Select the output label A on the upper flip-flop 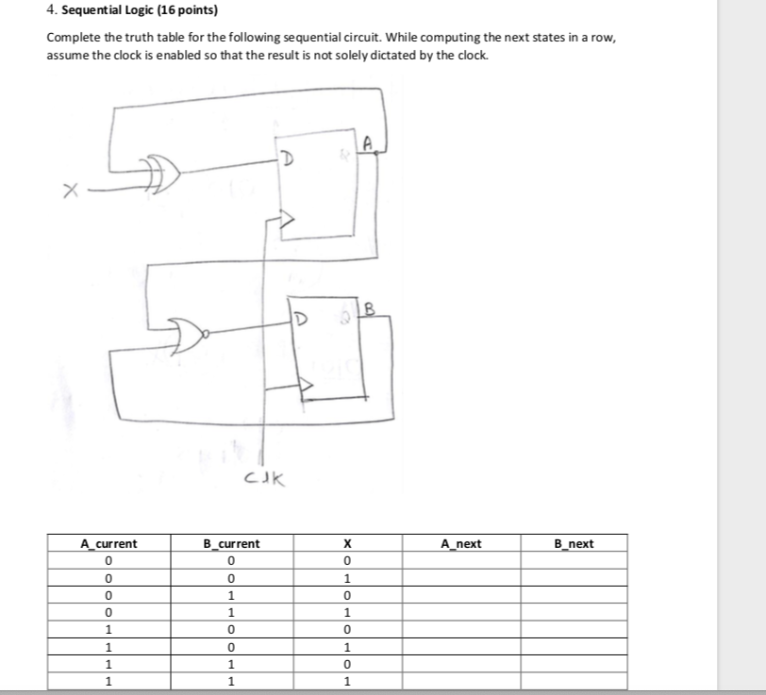tap(369, 144)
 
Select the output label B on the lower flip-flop tap(369, 306)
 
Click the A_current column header tap(109, 544)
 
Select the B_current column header tap(232, 544)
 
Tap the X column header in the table tap(347, 544)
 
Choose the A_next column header tap(461, 544)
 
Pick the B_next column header tap(574, 544)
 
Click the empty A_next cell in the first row tap(461, 561)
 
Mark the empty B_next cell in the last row tap(574, 681)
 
